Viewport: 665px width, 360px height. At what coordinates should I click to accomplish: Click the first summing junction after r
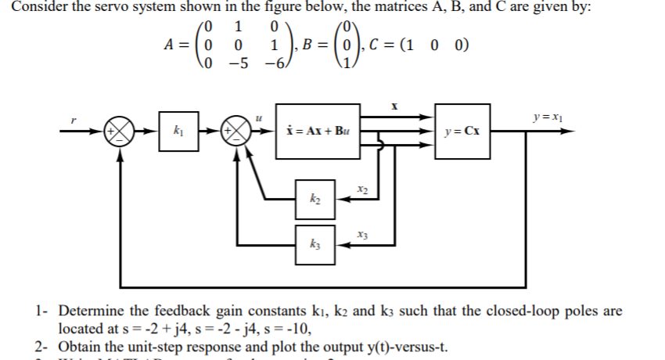click(x=119, y=131)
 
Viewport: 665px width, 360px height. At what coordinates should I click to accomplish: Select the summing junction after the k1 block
click(x=235, y=131)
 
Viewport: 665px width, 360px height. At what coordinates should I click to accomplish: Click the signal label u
click(x=257, y=117)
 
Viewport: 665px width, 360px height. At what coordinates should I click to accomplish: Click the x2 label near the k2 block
click(x=361, y=189)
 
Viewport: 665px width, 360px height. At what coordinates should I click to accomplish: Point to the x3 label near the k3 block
click(x=361, y=232)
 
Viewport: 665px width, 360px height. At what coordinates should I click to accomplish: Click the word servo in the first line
click(x=114, y=9)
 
